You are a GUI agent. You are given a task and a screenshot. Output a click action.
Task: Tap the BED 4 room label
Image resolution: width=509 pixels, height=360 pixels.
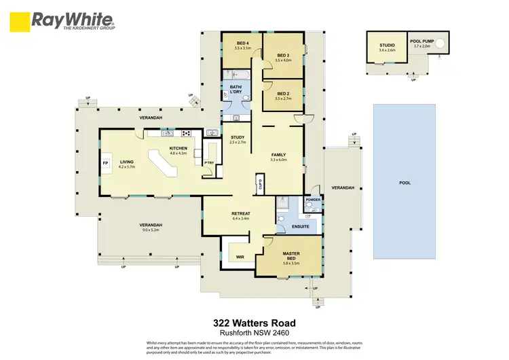[x=242, y=45]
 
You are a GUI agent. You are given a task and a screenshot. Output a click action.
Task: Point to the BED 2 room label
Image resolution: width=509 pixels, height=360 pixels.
[x=283, y=94]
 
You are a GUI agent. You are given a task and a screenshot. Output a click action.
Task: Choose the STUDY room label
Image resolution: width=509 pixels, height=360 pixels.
[x=238, y=138]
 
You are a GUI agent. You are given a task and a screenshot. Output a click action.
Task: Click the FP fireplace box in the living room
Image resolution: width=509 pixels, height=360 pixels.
[x=105, y=164]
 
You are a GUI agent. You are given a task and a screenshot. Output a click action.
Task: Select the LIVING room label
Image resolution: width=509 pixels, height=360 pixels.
[x=127, y=162]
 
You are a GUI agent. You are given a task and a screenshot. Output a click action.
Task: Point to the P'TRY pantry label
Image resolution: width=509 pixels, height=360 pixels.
[x=209, y=163]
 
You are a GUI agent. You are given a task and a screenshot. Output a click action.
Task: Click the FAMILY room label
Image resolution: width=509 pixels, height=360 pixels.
[x=279, y=156]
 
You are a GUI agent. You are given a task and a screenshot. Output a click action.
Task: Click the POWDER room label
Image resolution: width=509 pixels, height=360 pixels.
[x=313, y=200]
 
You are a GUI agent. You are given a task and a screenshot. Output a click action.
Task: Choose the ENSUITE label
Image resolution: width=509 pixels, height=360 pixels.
[x=301, y=225]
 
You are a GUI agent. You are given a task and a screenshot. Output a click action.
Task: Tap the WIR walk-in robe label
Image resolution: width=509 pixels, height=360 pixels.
[x=240, y=257]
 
